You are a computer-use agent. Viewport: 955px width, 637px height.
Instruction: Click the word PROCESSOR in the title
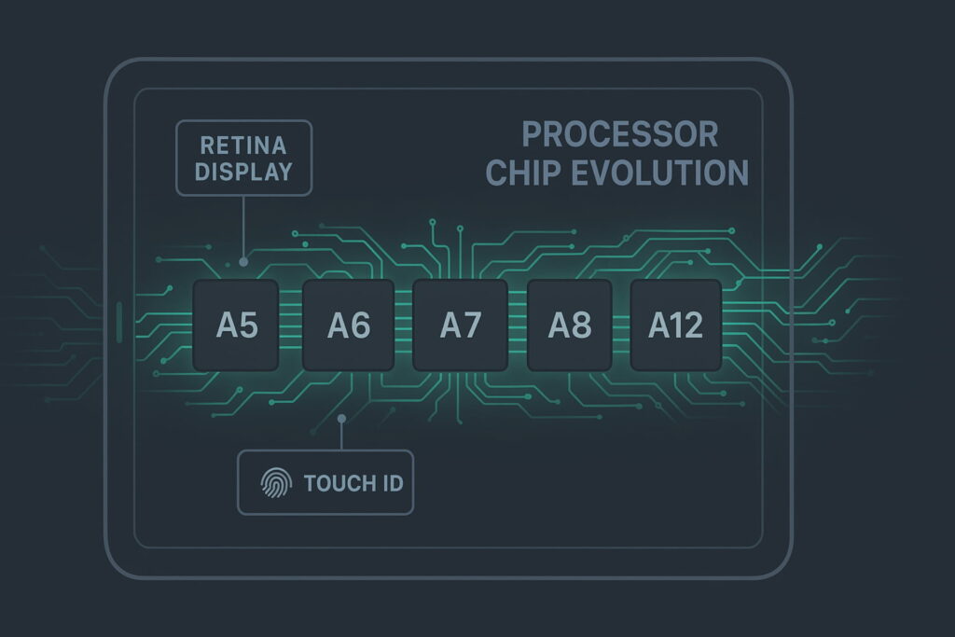[619, 134]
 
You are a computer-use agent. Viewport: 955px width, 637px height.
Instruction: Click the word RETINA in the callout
[242, 145]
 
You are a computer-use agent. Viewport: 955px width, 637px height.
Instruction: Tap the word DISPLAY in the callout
[242, 172]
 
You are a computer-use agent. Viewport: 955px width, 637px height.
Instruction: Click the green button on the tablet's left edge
[119, 321]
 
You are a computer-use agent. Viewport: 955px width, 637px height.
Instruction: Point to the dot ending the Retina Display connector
[243, 262]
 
